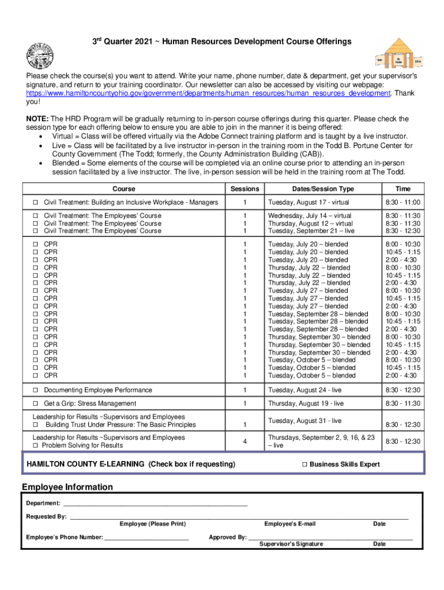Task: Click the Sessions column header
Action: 244,189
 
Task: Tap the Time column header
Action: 402,189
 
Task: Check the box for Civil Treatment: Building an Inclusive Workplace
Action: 35,203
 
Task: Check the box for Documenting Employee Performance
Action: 35,390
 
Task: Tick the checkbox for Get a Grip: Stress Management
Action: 35,403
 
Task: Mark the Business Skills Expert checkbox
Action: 304,464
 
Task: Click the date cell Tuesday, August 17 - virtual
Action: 308,203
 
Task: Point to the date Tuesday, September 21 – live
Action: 310,231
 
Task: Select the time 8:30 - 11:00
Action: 402,203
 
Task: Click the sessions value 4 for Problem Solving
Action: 244,441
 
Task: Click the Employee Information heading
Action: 67,487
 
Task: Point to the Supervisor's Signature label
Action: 291,544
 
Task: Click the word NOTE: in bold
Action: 36,119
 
